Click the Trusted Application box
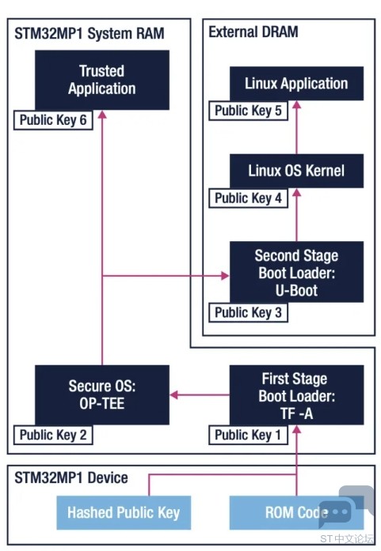tap(102, 80)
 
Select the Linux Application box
tap(296, 83)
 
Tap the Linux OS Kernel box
tap(296, 171)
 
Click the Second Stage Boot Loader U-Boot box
tap(296, 272)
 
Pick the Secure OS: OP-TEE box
tap(102, 394)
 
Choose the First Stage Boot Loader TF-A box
tap(296, 394)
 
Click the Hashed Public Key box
tap(124, 513)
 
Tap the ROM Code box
tap(296, 513)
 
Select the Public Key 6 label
tap(53, 120)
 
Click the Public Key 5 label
tap(248, 111)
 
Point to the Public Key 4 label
tap(248, 198)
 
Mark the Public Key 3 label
tap(248, 312)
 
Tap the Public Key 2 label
tap(53, 435)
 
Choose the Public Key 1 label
tap(248, 435)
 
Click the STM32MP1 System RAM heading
tap(90, 34)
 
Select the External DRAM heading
tap(253, 32)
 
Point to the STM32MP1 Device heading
tap(71, 478)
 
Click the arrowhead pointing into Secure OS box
tap(174, 394)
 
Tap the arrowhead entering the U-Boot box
tap(225, 276)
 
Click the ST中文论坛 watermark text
tap(346, 539)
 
